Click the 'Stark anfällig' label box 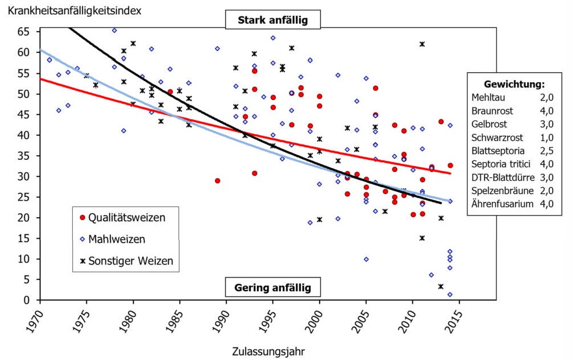pyautogui.click(x=273, y=20)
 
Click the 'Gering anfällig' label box pyautogui.click(x=273, y=287)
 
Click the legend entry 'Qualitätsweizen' pyautogui.click(x=126, y=217)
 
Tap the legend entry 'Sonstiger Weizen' pyautogui.click(x=130, y=260)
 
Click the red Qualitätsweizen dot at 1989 pyautogui.click(x=217, y=181)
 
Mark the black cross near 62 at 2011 pyautogui.click(x=422, y=44)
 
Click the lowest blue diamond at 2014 pyautogui.click(x=450, y=295)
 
